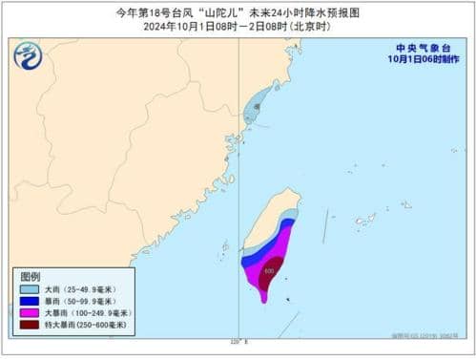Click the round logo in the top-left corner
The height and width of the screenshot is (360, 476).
tap(29, 58)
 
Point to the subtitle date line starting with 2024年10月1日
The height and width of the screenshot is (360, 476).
tap(238, 27)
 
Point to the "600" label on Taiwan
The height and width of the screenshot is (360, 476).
tap(268, 270)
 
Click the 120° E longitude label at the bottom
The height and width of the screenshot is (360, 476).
tap(239, 341)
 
